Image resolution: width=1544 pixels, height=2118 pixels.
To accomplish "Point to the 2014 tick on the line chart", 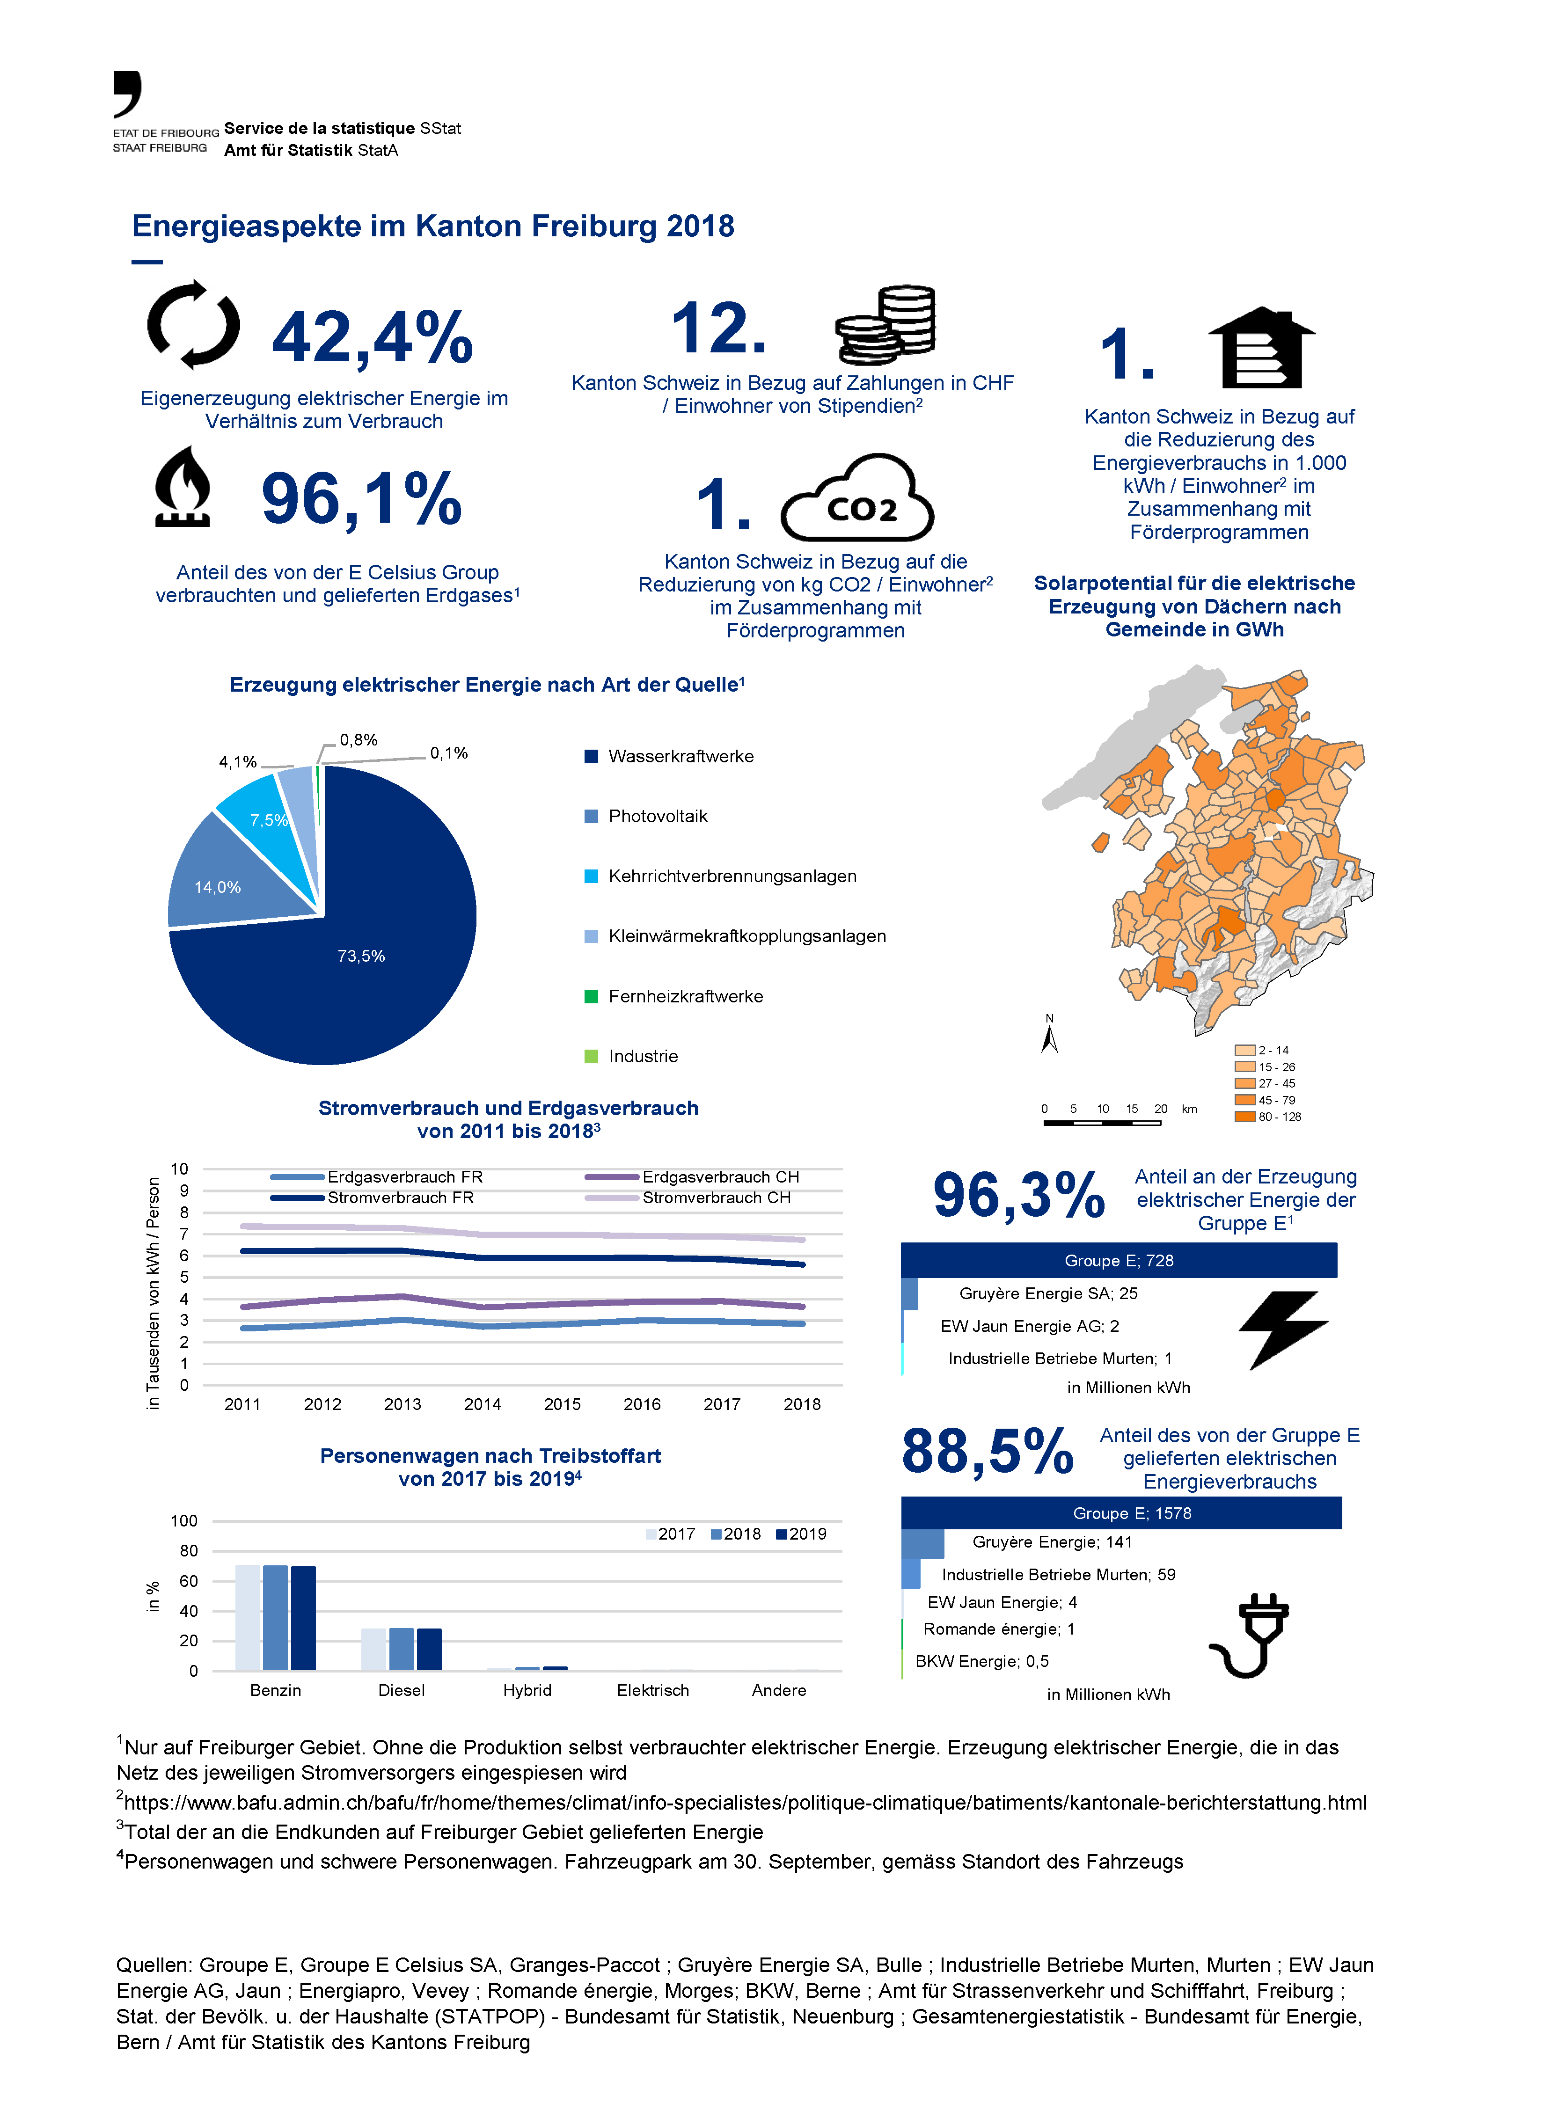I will [482, 1404].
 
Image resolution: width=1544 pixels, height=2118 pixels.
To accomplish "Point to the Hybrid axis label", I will [527, 1690].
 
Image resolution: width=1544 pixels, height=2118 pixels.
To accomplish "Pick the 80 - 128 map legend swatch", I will [1244, 1117].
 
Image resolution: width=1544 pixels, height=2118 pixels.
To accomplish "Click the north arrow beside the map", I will [1050, 1037].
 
